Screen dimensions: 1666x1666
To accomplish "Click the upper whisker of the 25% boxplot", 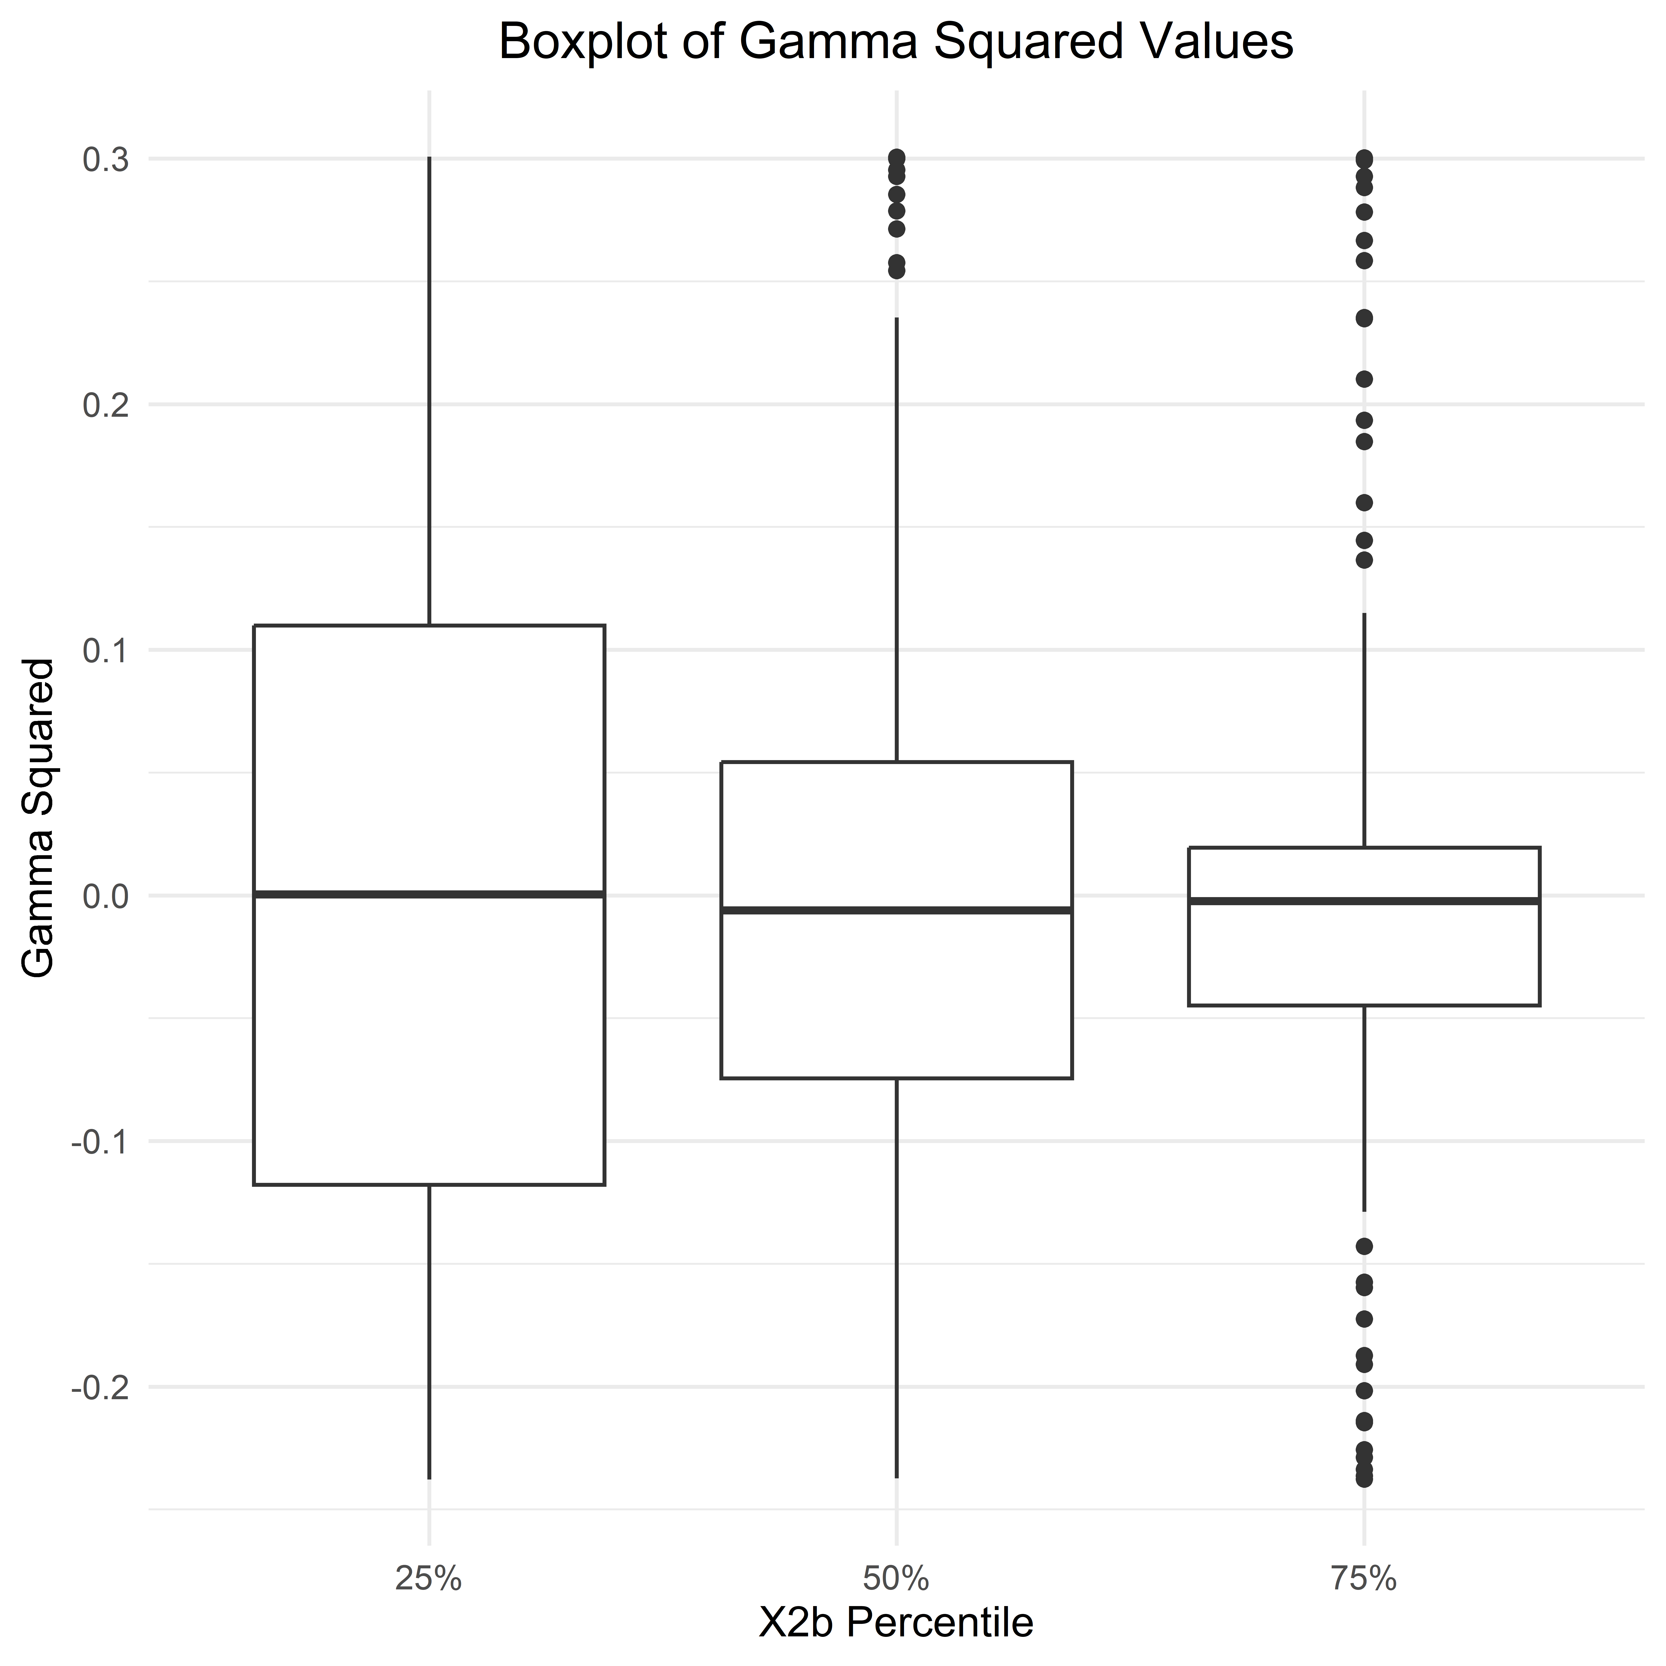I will click(x=429, y=388).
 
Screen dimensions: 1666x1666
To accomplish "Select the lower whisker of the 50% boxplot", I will click(x=897, y=1276).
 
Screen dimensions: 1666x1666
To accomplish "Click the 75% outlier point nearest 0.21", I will click(x=1364, y=379).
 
